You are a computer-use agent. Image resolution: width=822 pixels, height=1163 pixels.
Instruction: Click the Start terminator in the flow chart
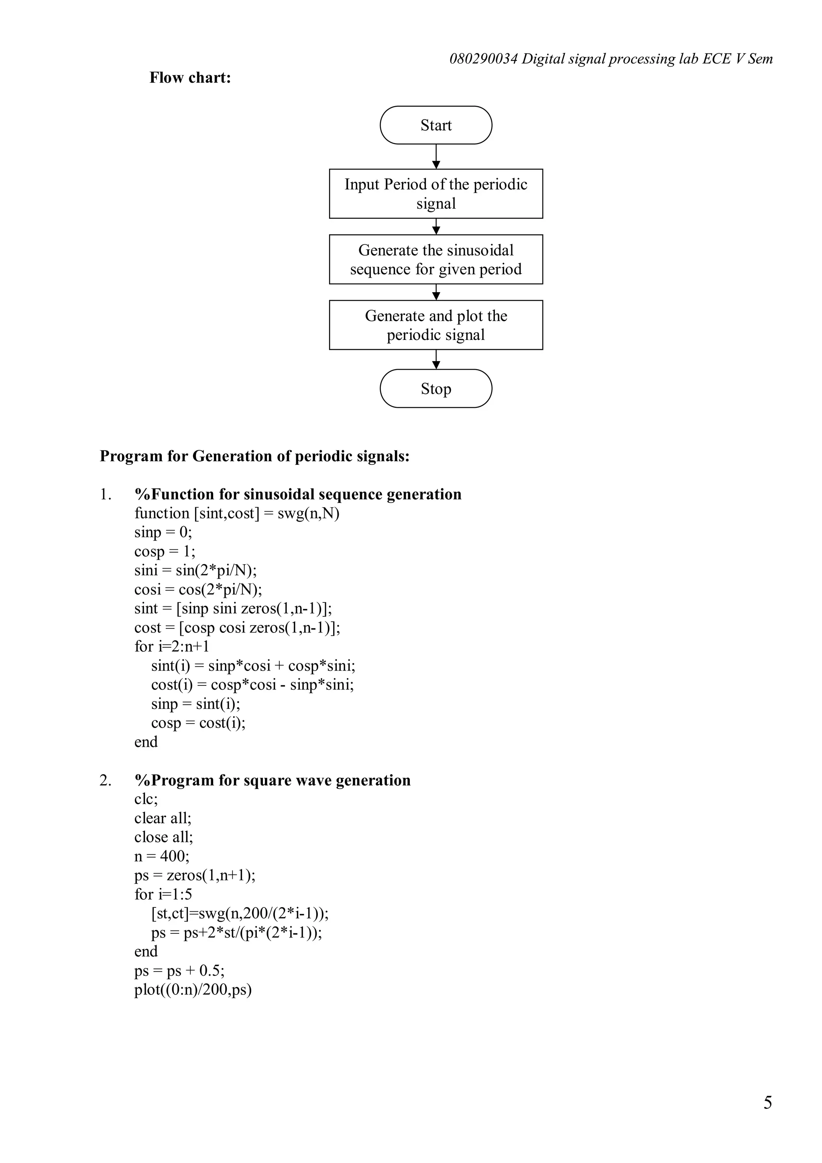pyautogui.click(x=435, y=125)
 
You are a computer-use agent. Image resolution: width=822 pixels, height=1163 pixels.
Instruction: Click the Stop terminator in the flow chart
pyautogui.click(x=435, y=388)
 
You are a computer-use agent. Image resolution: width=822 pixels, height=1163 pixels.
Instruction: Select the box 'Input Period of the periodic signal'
pyautogui.click(x=435, y=193)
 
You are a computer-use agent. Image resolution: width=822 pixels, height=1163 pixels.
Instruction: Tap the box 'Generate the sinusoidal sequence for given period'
pyautogui.click(x=435, y=259)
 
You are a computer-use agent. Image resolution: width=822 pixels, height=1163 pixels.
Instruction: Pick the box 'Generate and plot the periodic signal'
pyautogui.click(x=435, y=325)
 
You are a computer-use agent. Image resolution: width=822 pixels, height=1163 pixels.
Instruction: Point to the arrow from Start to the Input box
pyautogui.click(x=436, y=157)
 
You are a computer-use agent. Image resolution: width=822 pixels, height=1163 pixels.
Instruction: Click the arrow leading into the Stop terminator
pyautogui.click(x=436, y=360)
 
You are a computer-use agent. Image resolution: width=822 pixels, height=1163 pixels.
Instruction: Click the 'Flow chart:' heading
pyautogui.click(x=190, y=77)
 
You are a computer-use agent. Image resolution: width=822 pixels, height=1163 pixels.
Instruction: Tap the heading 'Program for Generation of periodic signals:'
pyautogui.click(x=254, y=456)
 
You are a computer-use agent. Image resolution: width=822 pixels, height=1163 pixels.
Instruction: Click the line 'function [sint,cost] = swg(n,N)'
pyautogui.click(x=236, y=513)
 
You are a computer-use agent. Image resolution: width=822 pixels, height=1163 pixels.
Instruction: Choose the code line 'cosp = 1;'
pyautogui.click(x=165, y=551)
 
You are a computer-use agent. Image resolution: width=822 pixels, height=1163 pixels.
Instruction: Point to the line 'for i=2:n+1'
pyautogui.click(x=172, y=647)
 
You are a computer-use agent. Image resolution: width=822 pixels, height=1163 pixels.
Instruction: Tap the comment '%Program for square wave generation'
pyautogui.click(x=273, y=780)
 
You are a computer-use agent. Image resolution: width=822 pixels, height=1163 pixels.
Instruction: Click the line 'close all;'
pyautogui.click(x=164, y=837)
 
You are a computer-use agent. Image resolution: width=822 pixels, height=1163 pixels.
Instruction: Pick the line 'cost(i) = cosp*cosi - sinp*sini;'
pyautogui.click(x=252, y=684)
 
